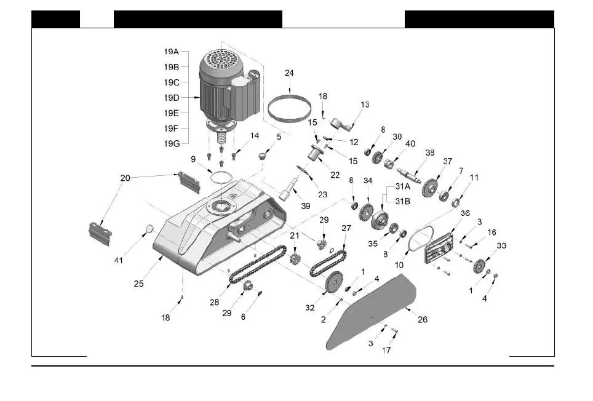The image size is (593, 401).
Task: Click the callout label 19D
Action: [x=172, y=97]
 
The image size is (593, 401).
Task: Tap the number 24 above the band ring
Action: [x=289, y=73]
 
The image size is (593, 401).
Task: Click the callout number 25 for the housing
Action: [x=139, y=284]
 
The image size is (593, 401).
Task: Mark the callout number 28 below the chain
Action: [x=214, y=302]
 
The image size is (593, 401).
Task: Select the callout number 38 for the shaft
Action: [x=430, y=153]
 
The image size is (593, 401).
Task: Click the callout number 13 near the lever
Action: [x=365, y=105]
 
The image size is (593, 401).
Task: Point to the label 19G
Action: [x=172, y=144]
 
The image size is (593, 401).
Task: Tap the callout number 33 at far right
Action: [x=502, y=245]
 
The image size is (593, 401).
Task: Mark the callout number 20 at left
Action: [x=125, y=178]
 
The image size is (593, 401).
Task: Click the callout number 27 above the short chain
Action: [x=346, y=228]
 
